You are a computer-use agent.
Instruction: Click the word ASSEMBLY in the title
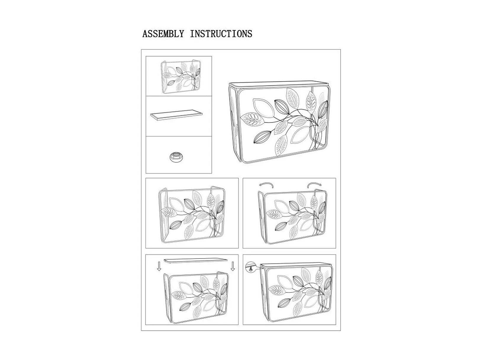pyautogui.click(x=163, y=34)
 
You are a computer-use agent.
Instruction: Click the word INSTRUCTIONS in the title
pyautogui.click(x=221, y=34)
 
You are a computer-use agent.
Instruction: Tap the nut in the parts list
pyautogui.click(x=176, y=157)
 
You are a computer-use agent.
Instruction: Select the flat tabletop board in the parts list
pyautogui.click(x=176, y=115)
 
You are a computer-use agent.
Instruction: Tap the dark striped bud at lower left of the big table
pyautogui.click(x=262, y=137)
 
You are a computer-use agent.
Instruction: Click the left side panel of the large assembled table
pyautogui.click(x=233, y=125)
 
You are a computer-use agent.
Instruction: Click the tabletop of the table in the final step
pyautogui.click(x=296, y=265)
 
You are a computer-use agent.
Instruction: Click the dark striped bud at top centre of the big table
pyautogui.click(x=281, y=107)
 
